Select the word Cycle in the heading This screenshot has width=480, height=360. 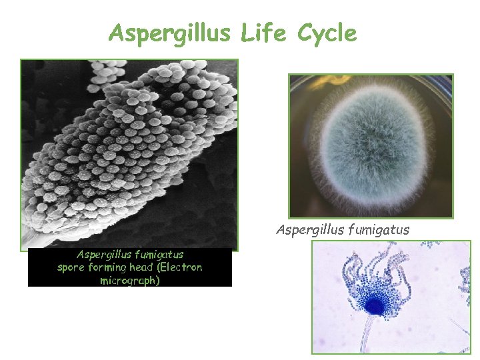327,33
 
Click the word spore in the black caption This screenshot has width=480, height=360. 70,267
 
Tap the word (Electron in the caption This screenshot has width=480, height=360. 181,267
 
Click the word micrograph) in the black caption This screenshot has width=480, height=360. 130,281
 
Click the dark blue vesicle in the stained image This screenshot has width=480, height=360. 375,305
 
